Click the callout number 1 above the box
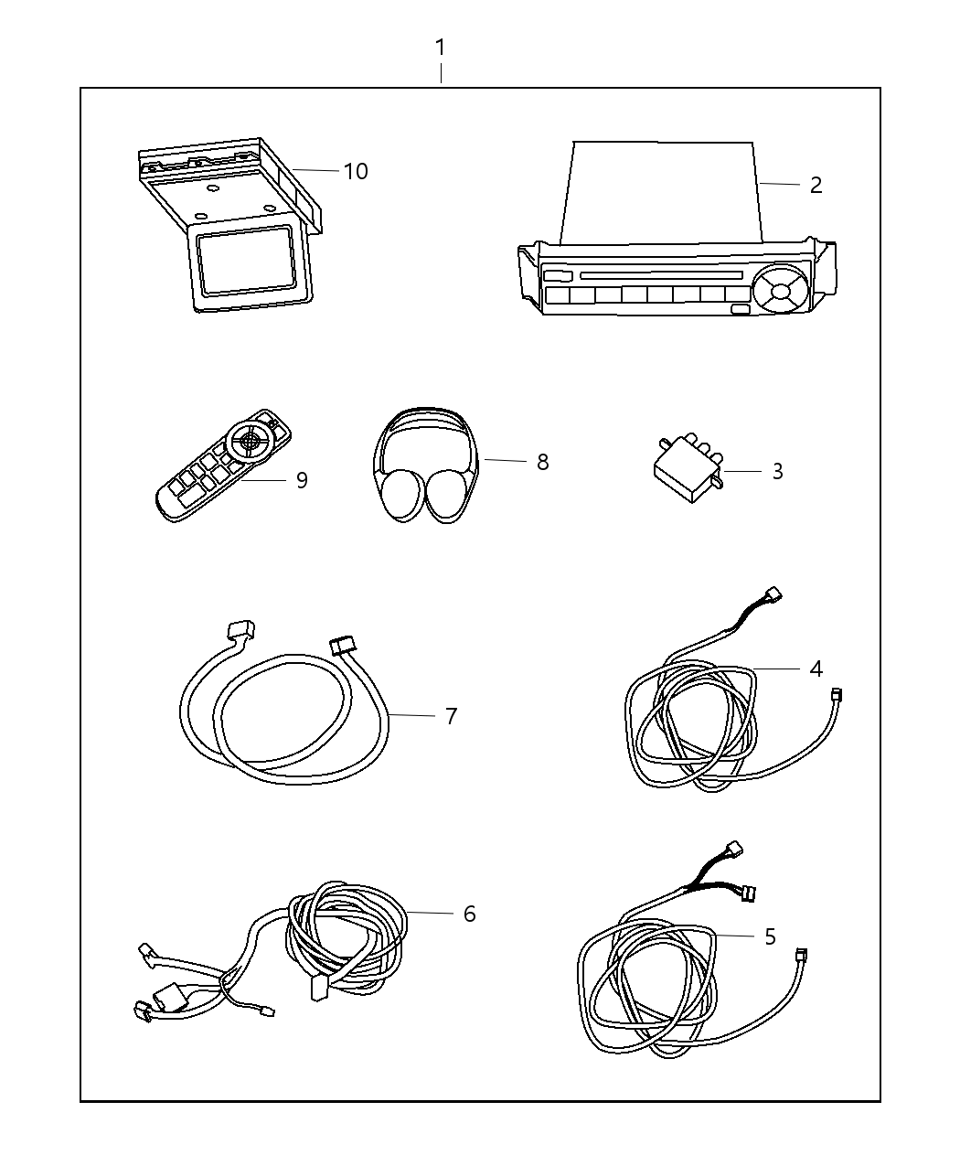click(441, 47)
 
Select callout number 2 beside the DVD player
click(816, 185)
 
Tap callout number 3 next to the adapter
click(777, 471)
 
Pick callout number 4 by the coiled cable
click(816, 669)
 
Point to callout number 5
click(769, 936)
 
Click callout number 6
click(469, 913)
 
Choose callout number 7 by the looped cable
click(451, 715)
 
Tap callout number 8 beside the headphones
click(542, 462)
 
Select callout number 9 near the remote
click(302, 479)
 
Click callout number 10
click(356, 171)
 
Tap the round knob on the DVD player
click(779, 290)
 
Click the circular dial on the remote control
click(252, 440)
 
